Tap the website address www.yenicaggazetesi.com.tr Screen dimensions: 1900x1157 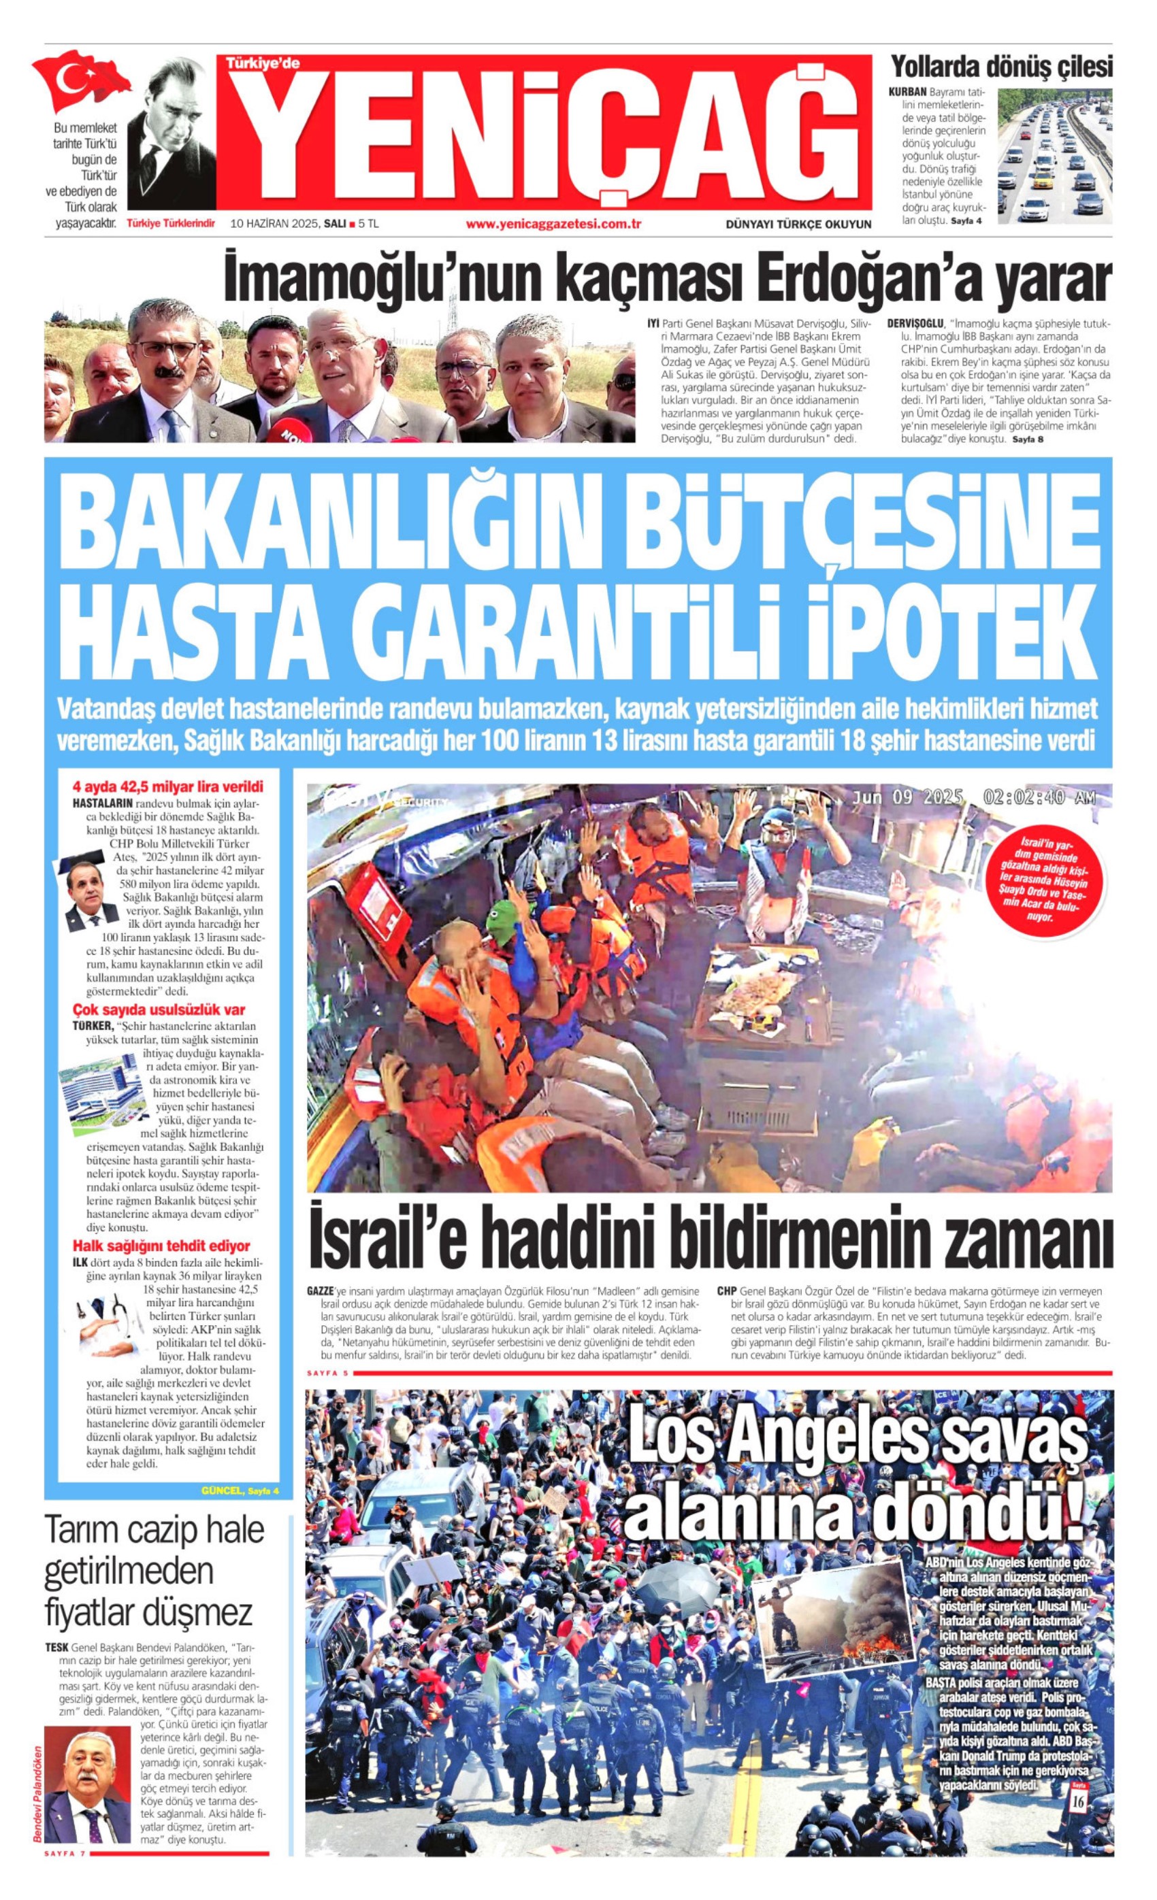[x=554, y=224]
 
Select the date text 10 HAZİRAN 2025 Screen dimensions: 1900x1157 [x=274, y=224]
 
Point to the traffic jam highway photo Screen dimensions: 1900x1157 [x=1054, y=156]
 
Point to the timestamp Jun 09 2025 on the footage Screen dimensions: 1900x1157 [x=907, y=797]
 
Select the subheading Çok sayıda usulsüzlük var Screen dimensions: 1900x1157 [x=158, y=1010]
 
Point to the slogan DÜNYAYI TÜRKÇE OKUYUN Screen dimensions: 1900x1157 [x=798, y=224]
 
